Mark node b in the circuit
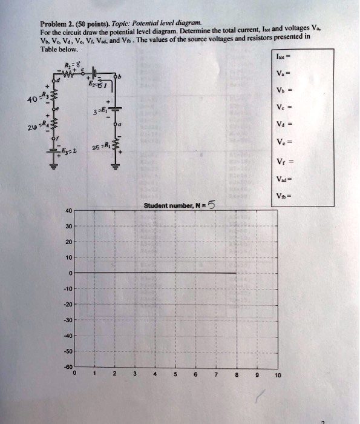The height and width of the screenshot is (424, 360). [119, 78]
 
